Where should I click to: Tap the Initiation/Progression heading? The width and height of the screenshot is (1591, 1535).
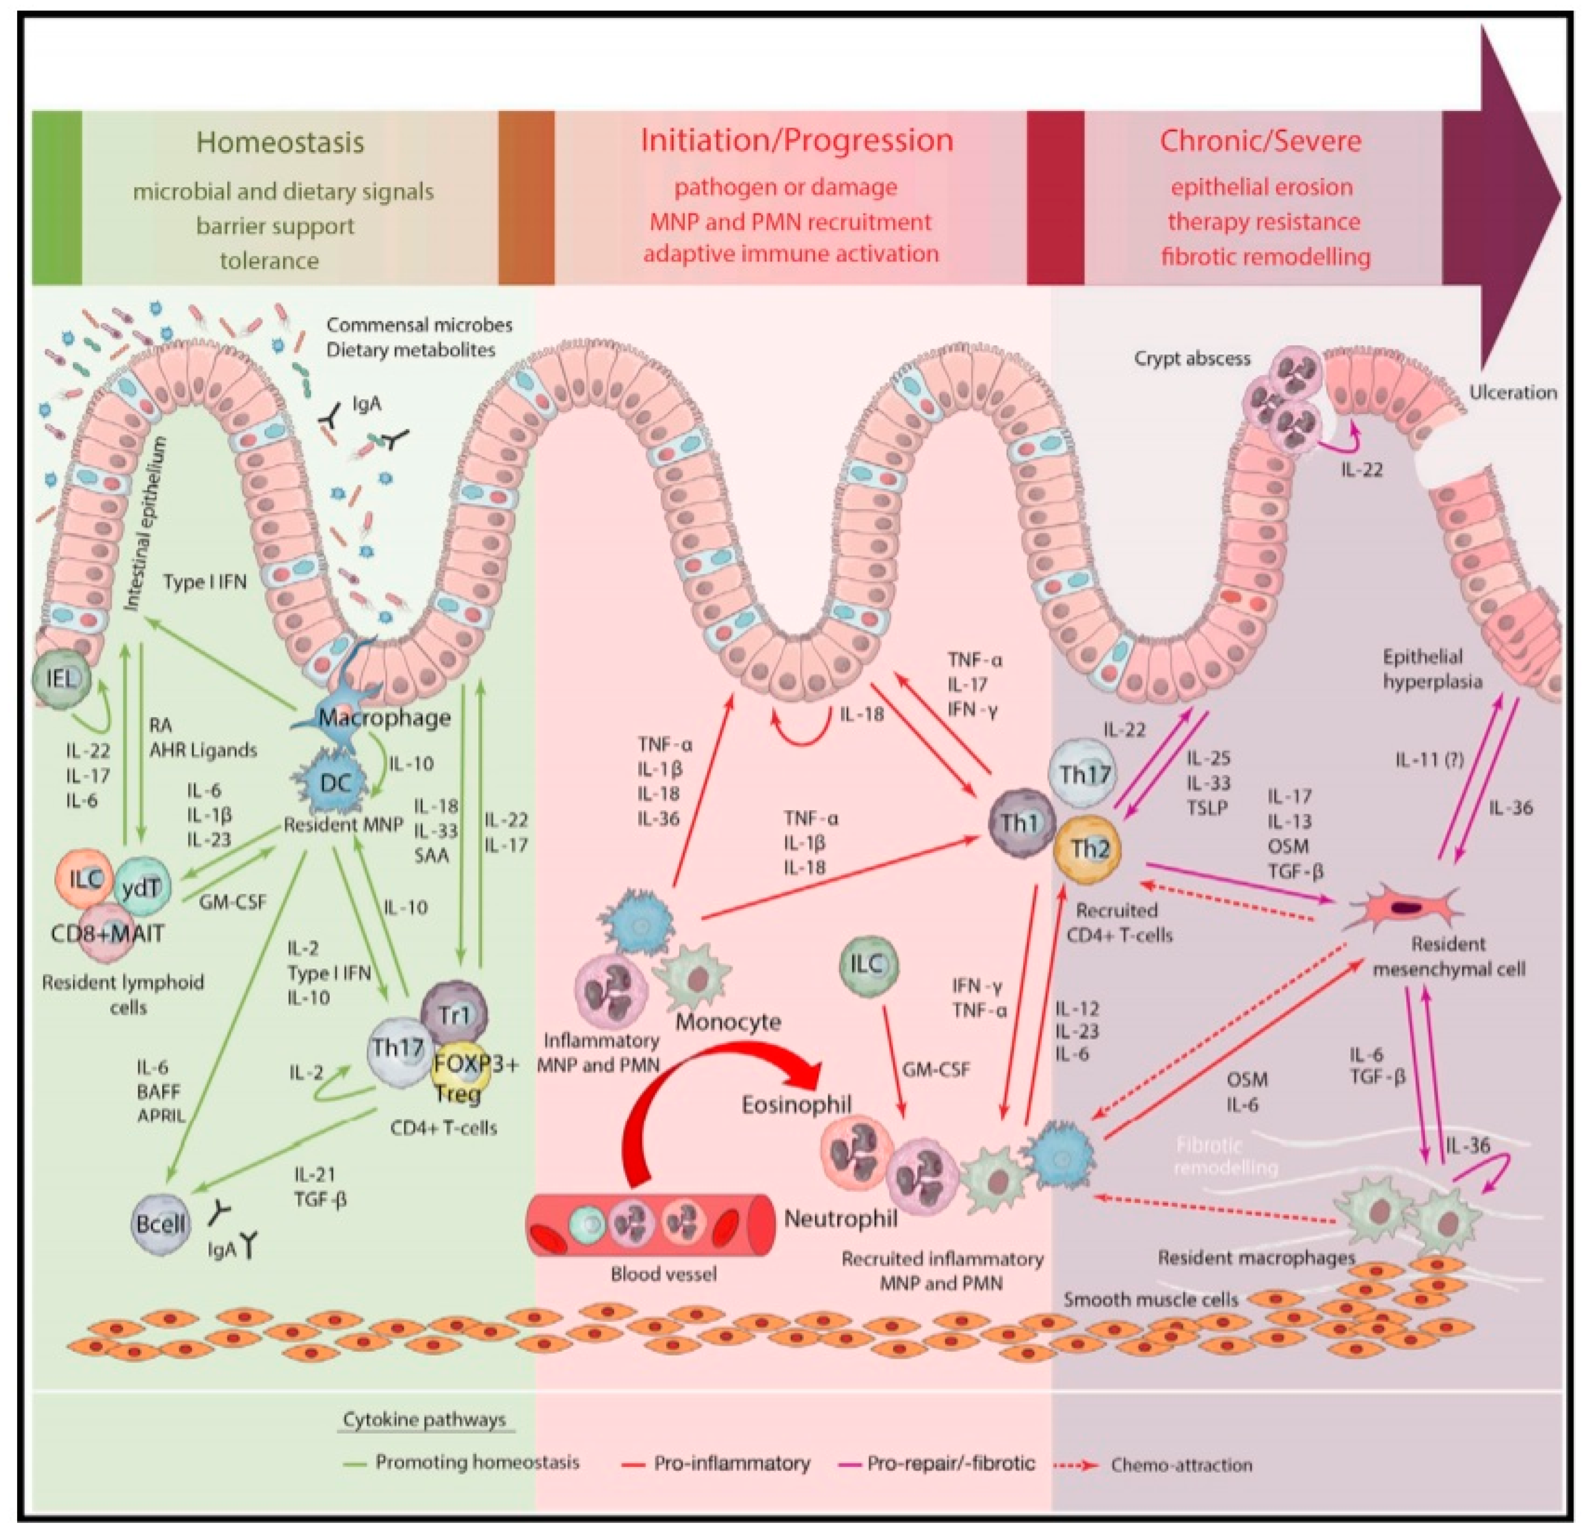tap(796, 140)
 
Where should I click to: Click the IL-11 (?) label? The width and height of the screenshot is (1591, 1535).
tap(1429, 760)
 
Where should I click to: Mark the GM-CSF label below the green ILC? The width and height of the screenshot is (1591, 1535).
tap(936, 1070)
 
